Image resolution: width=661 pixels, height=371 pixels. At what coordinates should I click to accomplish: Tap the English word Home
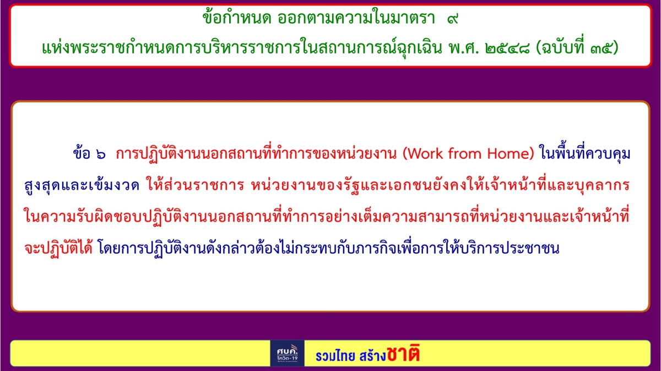click(x=509, y=154)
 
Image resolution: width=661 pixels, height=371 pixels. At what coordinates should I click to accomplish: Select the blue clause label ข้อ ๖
click(x=89, y=154)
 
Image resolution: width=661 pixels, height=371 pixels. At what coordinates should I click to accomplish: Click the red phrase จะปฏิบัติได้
click(x=58, y=248)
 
